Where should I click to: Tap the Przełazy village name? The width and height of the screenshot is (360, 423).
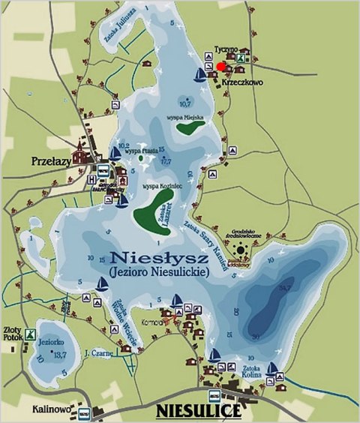tap(50, 160)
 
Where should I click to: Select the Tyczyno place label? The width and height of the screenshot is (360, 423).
tap(226, 46)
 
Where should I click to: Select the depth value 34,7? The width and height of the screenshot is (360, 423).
tap(284, 286)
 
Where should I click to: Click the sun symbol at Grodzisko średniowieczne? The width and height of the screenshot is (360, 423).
tap(241, 247)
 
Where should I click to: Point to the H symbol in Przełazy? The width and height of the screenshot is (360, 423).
tap(91, 180)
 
